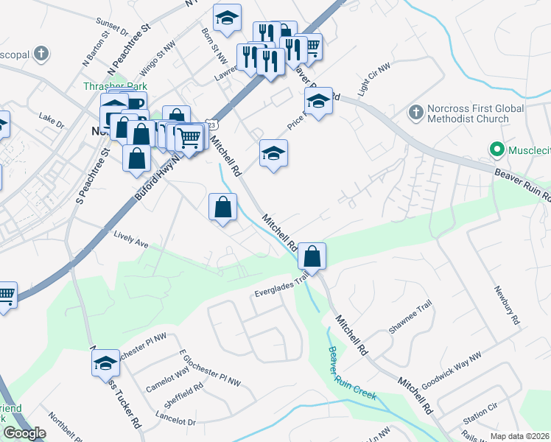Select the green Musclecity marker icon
coord(497,150)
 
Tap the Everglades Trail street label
coord(281,287)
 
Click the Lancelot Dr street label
coord(176,421)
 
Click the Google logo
coord(24,433)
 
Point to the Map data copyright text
coord(519,436)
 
